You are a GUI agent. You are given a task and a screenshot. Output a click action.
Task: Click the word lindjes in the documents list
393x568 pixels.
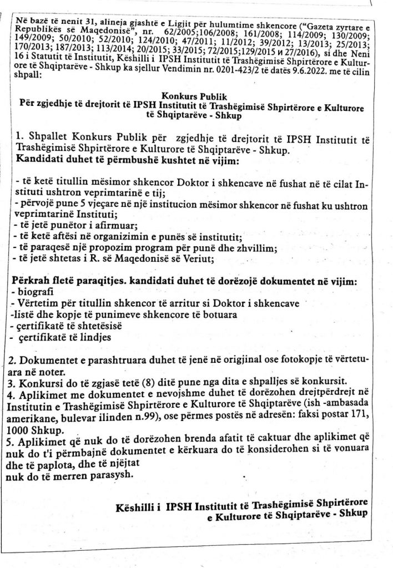pos(95,337)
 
